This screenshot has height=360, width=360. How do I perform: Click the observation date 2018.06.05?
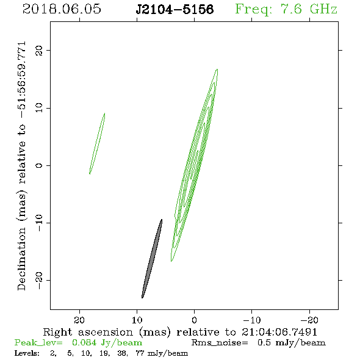62,9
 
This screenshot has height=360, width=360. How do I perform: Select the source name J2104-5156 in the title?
175,9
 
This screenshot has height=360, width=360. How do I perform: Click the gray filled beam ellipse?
152,259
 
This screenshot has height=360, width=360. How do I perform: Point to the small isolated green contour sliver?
97,143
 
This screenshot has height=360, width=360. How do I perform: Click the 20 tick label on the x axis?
79,320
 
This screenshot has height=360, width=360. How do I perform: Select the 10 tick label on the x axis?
137,320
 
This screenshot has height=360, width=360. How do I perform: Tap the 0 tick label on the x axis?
194,320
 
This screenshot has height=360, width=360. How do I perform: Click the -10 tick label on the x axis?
252,320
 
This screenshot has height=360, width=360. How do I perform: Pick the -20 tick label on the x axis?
309,320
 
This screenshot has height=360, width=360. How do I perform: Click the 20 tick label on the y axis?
39,50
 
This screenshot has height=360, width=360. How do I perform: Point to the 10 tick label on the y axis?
39,108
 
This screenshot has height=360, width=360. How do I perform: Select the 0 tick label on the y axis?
39,165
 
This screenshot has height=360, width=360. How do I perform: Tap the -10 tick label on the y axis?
39,223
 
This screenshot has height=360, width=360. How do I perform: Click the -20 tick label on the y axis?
39,281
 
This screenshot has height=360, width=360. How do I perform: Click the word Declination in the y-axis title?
21,259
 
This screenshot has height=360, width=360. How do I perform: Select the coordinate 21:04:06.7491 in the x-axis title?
279,332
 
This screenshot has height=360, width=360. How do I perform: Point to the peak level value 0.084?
84,343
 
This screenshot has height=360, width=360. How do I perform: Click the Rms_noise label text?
220,343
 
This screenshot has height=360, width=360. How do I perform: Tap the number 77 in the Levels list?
140,353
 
